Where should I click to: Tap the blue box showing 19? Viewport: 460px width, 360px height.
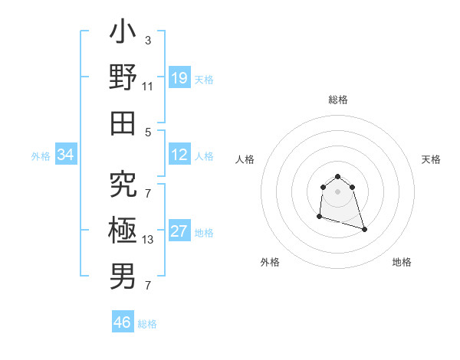click(x=179, y=77)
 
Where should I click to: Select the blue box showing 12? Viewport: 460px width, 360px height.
click(x=179, y=155)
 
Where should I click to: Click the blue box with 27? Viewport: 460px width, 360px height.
click(x=179, y=231)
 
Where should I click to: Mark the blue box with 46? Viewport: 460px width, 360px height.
click(x=123, y=322)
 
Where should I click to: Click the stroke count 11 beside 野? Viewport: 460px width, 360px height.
click(x=148, y=86)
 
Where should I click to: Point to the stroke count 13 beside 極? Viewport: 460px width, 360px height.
click(x=148, y=240)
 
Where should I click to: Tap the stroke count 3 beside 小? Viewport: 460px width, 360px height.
click(x=148, y=39)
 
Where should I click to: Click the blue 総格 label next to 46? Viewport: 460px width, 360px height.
click(x=147, y=324)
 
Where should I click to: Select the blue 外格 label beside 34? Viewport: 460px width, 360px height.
click(x=41, y=156)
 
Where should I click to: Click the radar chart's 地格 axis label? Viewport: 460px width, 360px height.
click(x=402, y=262)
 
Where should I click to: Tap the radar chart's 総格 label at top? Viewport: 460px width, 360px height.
click(x=338, y=100)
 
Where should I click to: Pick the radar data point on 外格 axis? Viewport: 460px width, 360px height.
click(x=319, y=217)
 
